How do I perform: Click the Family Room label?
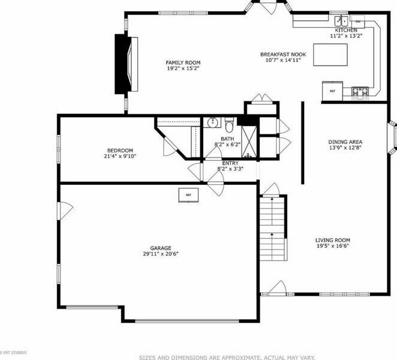click(x=183, y=62)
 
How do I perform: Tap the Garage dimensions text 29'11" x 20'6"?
click(x=161, y=254)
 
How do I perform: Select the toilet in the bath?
click(x=229, y=125)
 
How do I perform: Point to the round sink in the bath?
click(x=213, y=122)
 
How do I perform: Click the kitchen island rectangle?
click(x=330, y=55)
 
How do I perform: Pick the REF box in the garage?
click(x=188, y=195)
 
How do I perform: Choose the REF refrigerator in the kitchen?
click(x=332, y=91)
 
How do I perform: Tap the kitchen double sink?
click(x=342, y=21)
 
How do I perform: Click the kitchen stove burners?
click(x=360, y=92)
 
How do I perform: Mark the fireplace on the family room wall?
click(x=126, y=64)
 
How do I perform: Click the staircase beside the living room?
click(x=273, y=229)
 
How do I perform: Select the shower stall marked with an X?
click(x=249, y=142)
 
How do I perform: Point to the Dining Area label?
click(x=345, y=142)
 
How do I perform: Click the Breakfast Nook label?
click(x=283, y=55)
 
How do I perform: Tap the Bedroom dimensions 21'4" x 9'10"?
click(x=120, y=156)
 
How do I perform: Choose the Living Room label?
click(x=333, y=240)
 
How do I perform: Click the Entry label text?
click(x=230, y=163)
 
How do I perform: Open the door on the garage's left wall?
click(x=65, y=211)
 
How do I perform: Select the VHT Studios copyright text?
click(x=13, y=352)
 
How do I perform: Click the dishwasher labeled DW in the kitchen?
click(x=357, y=22)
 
